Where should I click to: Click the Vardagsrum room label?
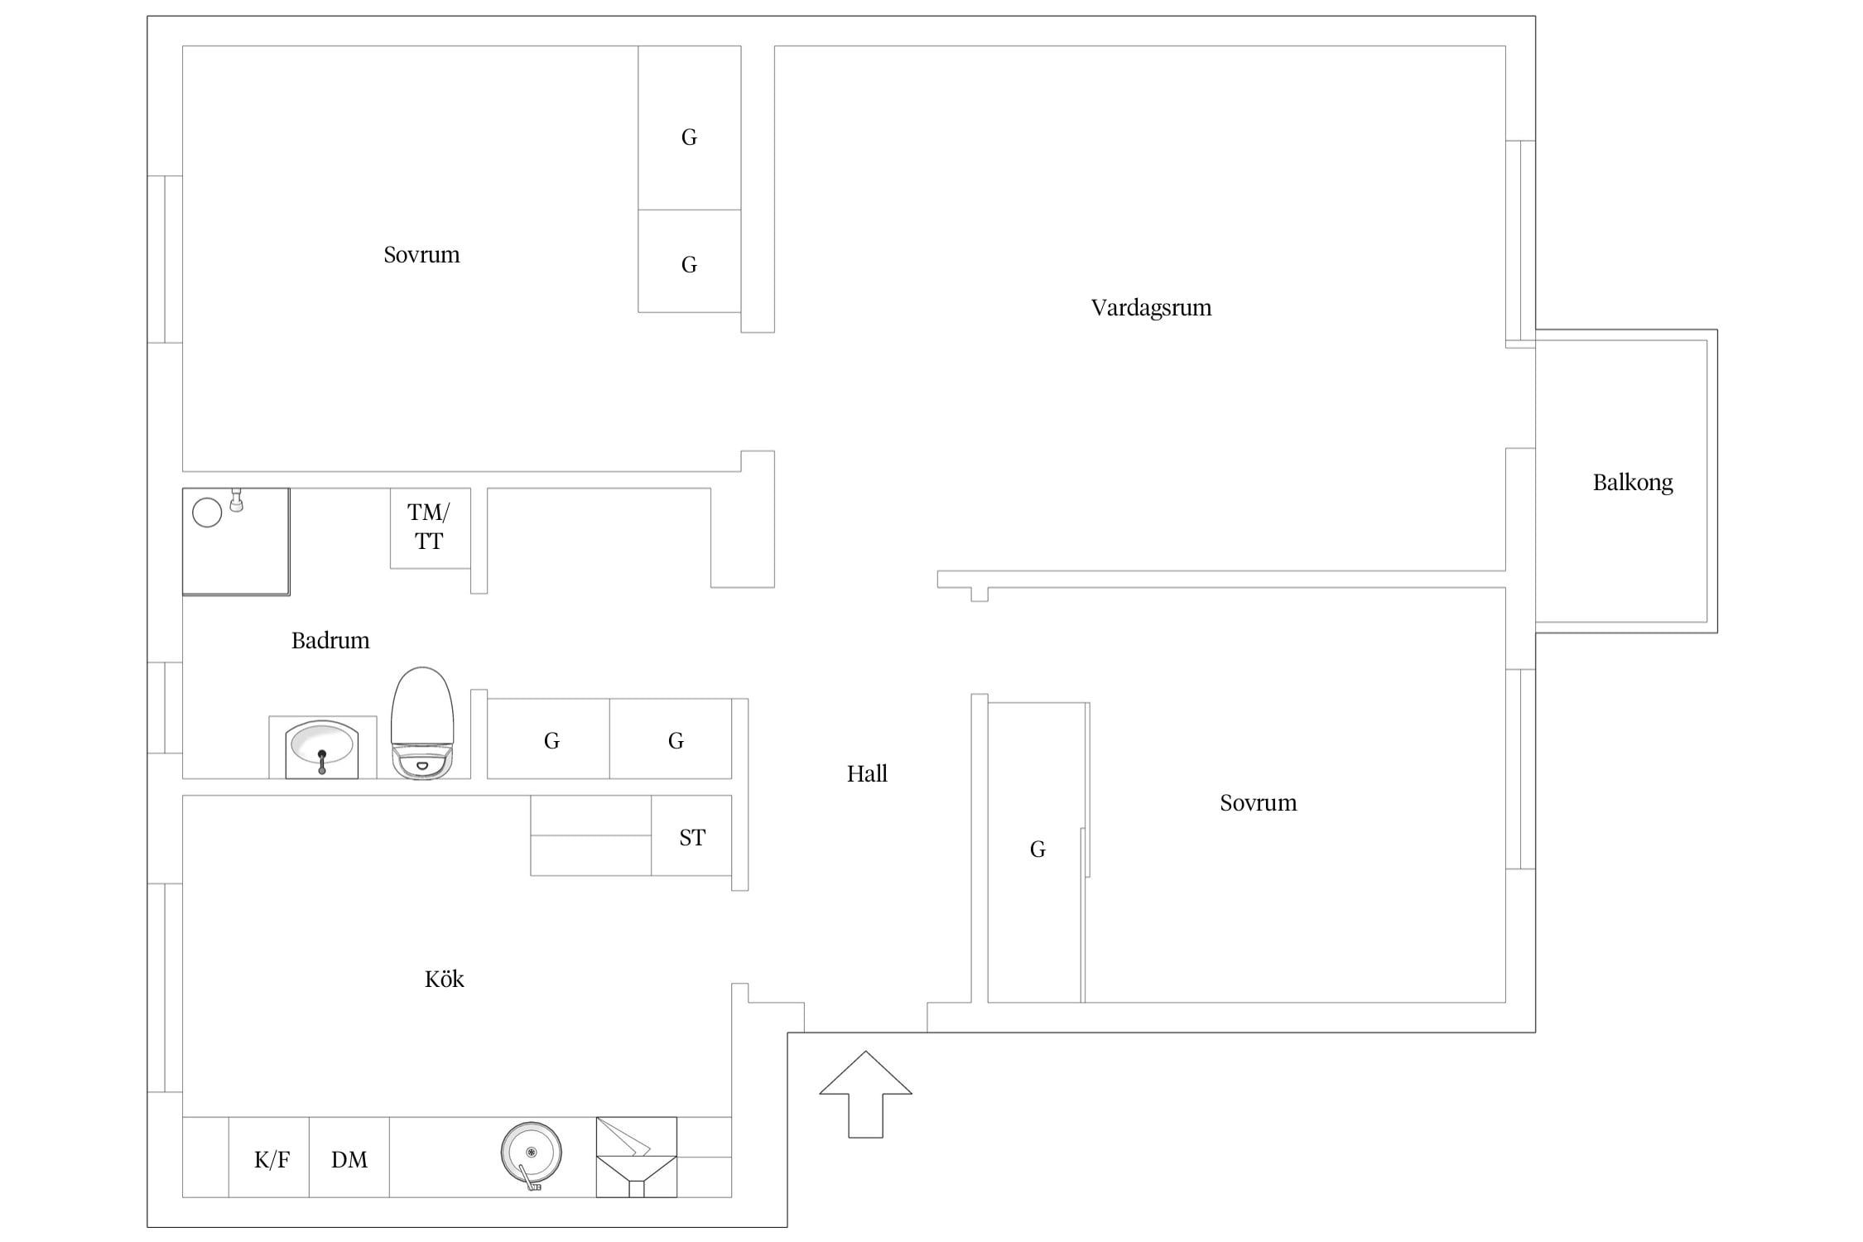1151,308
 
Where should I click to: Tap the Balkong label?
1633,483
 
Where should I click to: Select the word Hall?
867,773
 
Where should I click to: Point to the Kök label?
444,979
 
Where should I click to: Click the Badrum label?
330,640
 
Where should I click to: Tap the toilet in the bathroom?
422,723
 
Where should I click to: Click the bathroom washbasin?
322,749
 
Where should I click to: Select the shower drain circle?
207,513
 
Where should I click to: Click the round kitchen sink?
532,1153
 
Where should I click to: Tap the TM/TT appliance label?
429,527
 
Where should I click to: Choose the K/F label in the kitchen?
272,1159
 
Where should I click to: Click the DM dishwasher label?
349,1159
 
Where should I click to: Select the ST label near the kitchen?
692,837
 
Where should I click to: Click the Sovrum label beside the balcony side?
1259,802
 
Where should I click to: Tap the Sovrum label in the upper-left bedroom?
421,254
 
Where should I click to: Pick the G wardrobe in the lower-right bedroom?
1037,849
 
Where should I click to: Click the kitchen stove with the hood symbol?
637,1157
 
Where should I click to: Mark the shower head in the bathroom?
237,501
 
